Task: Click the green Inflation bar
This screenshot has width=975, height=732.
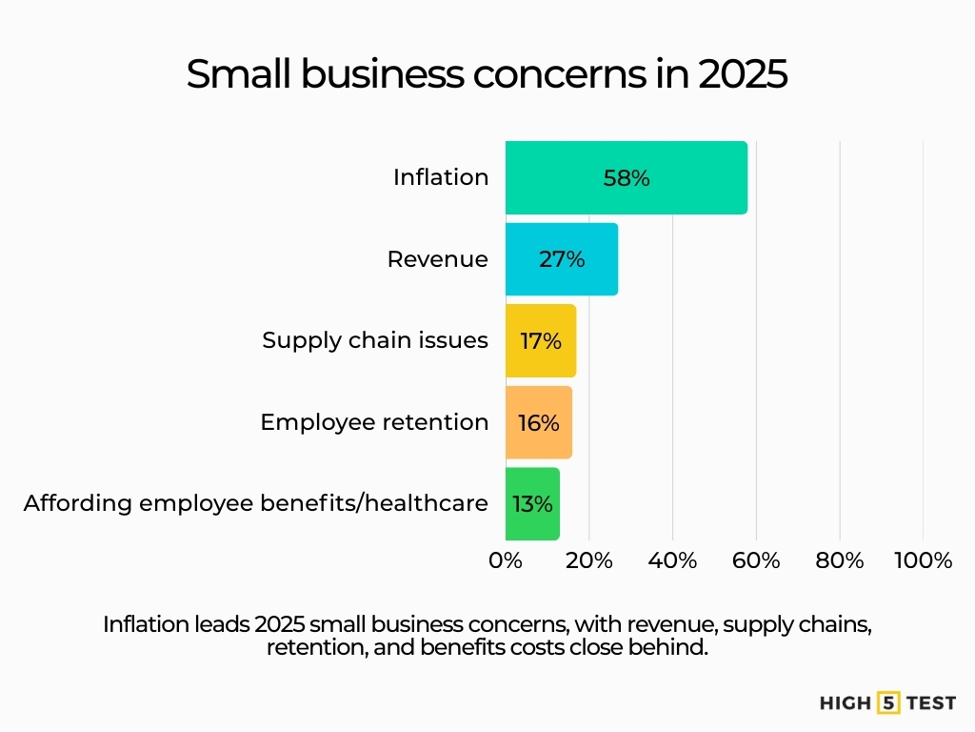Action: tap(626, 178)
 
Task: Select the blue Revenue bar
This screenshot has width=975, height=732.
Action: tap(561, 259)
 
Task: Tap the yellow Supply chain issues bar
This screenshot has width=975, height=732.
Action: tap(540, 341)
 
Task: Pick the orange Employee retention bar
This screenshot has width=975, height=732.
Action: tap(538, 422)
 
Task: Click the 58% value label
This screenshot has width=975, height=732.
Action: tap(626, 178)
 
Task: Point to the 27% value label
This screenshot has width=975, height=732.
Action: tap(561, 259)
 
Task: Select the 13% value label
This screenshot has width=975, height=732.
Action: tap(532, 504)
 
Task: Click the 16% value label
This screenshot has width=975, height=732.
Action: tap(538, 422)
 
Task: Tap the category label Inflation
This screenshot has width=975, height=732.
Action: tap(440, 177)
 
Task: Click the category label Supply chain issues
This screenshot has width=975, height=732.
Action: tap(375, 340)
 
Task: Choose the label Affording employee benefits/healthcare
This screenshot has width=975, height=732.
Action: tap(255, 503)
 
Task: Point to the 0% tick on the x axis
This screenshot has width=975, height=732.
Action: tap(506, 560)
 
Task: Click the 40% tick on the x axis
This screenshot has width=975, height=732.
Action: tap(672, 560)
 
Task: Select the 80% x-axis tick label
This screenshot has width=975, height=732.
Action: tap(840, 560)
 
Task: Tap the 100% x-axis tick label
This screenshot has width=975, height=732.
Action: tap(923, 560)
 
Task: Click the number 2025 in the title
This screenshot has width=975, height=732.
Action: tap(743, 74)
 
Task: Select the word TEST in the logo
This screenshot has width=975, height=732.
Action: tap(931, 703)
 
